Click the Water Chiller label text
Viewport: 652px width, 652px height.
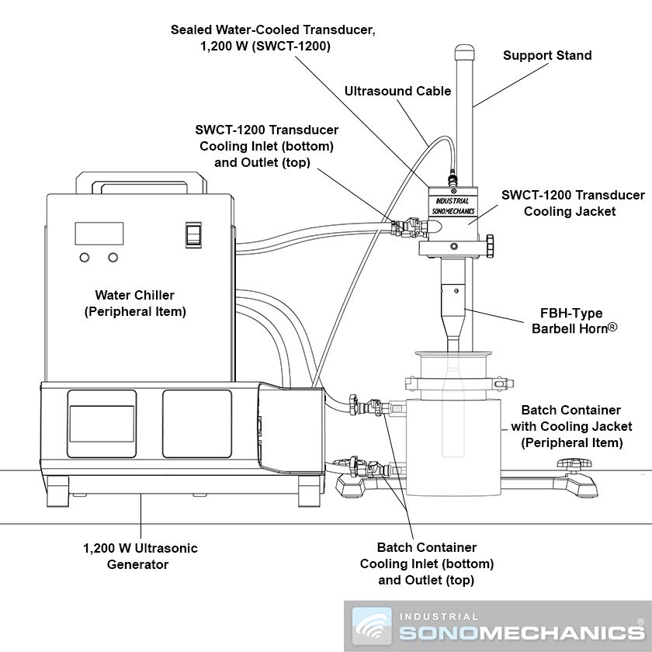pyautogui.click(x=135, y=303)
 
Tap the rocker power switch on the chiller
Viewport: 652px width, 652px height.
pyautogui.click(x=193, y=235)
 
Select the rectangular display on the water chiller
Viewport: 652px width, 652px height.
pyautogui.click(x=99, y=234)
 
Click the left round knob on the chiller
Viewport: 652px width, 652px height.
pyautogui.click(x=85, y=258)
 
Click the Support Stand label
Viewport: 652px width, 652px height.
pyautogui.click(x=547, y=55)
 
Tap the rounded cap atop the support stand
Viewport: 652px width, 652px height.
pyautogui.click(x=465, y=52)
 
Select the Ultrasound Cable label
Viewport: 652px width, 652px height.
pyautogui.click(x=398, y=91)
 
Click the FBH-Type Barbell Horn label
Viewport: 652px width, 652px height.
pyautogui.click(x=574, y=321)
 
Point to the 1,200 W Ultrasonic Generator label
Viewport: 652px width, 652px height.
pyautogui.click(x=140, y=556)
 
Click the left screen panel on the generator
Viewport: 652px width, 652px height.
pyautogui.click(x=102, y=424)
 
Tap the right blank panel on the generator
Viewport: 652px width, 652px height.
pyautogui.click(x=197, y=424)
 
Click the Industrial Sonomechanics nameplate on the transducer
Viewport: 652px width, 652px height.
pyautogui.click(x=453, y=206)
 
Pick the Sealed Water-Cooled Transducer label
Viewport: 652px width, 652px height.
pyautogui.click(x=272, y=38)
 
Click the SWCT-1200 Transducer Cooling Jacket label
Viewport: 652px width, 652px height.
pyautogui.click(x=573, y=203)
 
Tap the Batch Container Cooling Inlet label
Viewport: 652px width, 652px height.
pyautogui.click(x=427, y=564)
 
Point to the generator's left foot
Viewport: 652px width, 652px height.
pyautogui.click(x=57, y=491)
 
